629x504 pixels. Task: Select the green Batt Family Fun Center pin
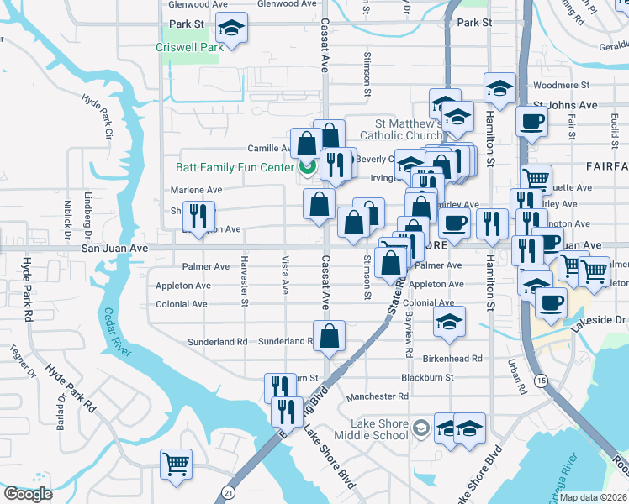pos(307,166)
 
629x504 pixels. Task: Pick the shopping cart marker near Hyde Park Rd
pos(176,464)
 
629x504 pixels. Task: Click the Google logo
pos(29,493)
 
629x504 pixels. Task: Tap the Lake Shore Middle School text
pos(370,429)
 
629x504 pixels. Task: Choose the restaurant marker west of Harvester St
pos(198,217)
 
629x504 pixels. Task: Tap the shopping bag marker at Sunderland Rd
pos(329,335)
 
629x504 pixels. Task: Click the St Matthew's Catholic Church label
pos(402,129)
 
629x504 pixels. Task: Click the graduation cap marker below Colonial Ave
pos(449,322)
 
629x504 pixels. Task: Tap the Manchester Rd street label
pos(378,396)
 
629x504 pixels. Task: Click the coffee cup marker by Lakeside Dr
pos(551,302)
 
